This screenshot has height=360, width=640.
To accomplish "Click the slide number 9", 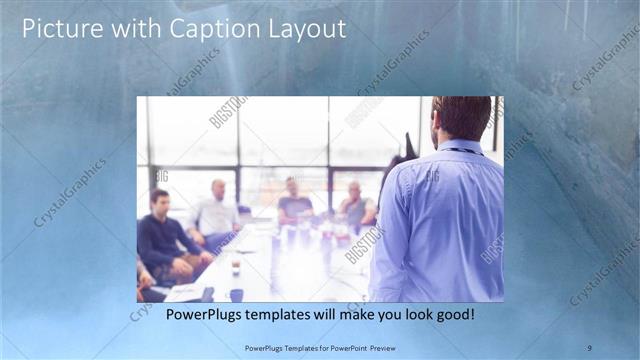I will [590, 346].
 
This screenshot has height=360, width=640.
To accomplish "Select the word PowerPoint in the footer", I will [342, 347].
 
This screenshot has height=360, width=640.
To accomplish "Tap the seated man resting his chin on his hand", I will [355, 205].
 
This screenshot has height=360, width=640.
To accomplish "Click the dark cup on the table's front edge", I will [236, 294].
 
